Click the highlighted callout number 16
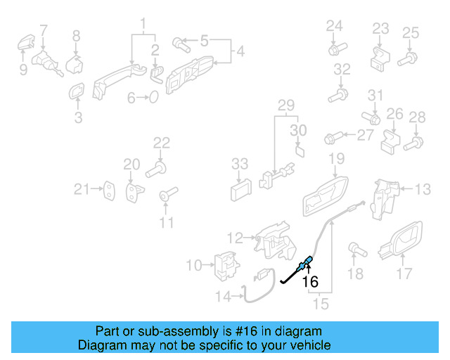(x=310, y=282)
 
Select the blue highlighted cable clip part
(x=305, y=265)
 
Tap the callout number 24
(x=334, y=27)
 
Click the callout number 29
(x=285, y=105)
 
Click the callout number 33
(x=240, y=164)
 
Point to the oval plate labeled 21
(x=110, y=188)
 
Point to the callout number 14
(x=222, y=297)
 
